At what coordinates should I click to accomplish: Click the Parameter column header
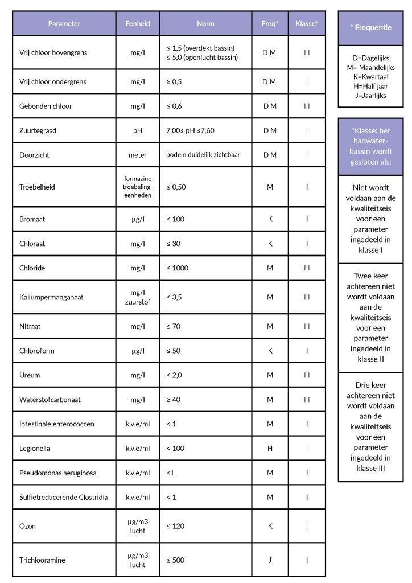tap(64, 24)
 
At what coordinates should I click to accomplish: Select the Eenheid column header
tap(138, 24)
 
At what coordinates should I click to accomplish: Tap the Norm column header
tap(205, 24)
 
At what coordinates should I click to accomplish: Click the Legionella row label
tap(35, 449)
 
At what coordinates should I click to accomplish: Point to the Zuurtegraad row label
tap(38, 130)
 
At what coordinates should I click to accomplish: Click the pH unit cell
tap(138, 130)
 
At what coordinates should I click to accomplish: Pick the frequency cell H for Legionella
tap(270, 449)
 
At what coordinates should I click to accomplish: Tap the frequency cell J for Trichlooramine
tap(270, 560)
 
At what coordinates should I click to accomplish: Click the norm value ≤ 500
tap(175, 560)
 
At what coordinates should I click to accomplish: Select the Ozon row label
tap(27, 526)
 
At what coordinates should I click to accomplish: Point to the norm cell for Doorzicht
tap(203, 155)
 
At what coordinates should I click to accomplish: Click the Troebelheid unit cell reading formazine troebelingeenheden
tap(138, 187)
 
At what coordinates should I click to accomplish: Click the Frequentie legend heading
tap(370, 28)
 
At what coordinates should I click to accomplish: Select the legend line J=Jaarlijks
tap(370, 95)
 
